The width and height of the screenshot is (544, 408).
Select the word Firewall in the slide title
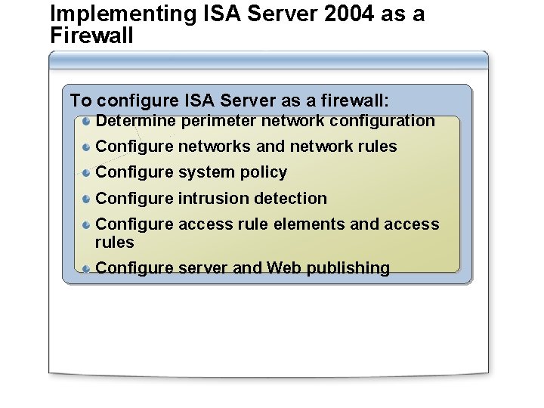click(x=91, y=35)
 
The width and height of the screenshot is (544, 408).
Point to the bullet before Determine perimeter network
click(x=88, y=121)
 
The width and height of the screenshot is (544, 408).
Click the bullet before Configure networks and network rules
click(x=88, y=147)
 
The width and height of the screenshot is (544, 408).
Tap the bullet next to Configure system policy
click(x=88, y=173)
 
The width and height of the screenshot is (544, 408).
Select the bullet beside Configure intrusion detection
click(x=88, y=199)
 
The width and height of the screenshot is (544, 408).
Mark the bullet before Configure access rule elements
click(x=88, y=225)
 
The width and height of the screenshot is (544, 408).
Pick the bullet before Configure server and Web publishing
click(x=88, y=268)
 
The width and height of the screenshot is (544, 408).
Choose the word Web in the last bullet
click(x=284, y=268)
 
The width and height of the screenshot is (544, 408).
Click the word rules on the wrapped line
click(x=115, y=243)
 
